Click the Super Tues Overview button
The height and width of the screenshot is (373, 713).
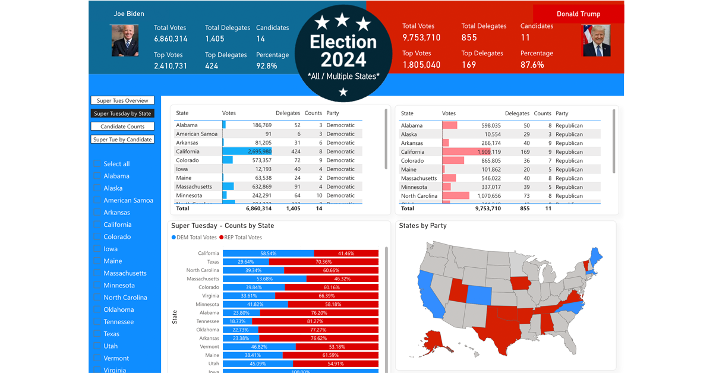[x=122, y=100]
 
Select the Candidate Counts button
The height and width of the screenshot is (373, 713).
[x=122, y=127]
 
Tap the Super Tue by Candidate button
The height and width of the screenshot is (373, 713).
[x=122, y=140]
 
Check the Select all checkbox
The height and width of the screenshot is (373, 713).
[x=98, y=164]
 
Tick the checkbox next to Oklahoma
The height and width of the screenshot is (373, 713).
[x=98, y=309]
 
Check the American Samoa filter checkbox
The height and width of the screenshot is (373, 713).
[x=98, y=200]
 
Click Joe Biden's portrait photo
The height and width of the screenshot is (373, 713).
[x=125, y=40]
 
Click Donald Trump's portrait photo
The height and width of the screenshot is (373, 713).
[x=597, y=41]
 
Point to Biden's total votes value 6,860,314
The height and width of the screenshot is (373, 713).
[x=171, y=39]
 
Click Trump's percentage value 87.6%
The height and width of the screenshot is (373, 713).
[x=532, y=65]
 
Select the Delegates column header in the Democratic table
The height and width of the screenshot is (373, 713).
[x=288, y=113]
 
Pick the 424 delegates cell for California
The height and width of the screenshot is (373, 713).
[x=294, y=151]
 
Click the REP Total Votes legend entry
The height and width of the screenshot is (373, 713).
[x=241, y=238]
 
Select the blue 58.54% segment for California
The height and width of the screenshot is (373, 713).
[x=268, y=253]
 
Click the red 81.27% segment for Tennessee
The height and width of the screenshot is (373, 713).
[x=315, y=321]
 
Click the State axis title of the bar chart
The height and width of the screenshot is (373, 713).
[x=175, y=317]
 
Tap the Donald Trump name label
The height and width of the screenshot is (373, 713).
[x=578, y=14]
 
